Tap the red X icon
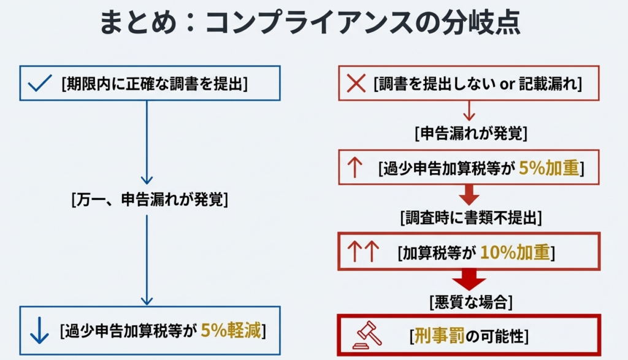click(x=356, y=84)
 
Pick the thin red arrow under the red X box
click(x=470, y=110)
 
